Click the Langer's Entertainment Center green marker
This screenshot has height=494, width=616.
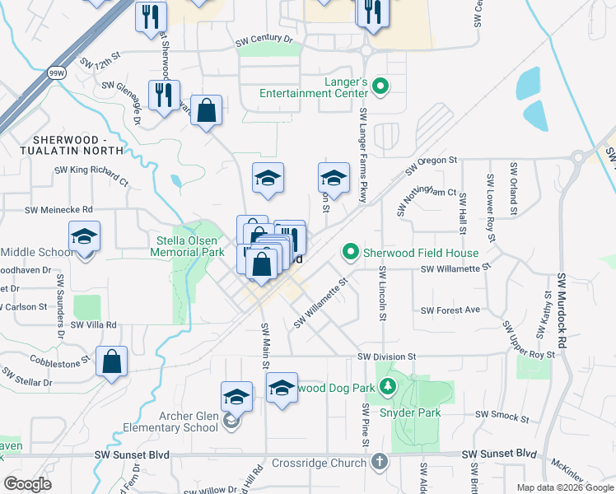(380, 85)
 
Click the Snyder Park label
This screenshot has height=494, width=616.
(409, 412)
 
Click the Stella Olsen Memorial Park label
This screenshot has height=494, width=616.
(190, 246)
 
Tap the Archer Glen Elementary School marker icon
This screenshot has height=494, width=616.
(231, 422)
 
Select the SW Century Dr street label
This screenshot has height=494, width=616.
(264, 39)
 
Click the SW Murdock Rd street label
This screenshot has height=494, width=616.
(562, 304)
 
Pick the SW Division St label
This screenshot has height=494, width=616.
(387, 357)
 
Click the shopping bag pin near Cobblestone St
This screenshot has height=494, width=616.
(111, 361)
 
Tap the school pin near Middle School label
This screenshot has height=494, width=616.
(84, 238)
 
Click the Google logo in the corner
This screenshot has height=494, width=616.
(27, 484)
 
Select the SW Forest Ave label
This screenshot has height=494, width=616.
(450, 310)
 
